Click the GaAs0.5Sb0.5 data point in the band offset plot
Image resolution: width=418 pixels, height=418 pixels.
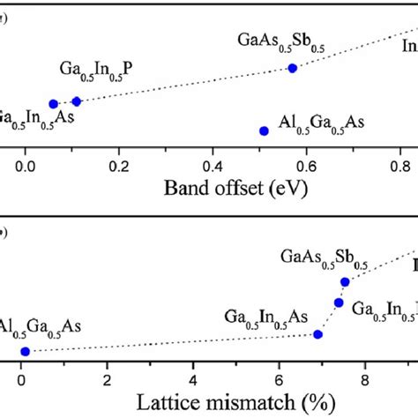pyautogui.click(x=293, y=68)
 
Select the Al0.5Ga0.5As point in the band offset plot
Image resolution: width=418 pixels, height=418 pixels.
pyautogui.click(x=264, y=131)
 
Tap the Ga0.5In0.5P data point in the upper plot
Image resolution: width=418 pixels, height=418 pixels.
pyautogui.click(x=76, y=101)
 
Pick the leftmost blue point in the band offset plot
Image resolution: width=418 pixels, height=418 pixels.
pyautogui.click(x=54, y=103)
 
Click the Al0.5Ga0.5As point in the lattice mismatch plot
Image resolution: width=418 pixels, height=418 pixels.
pyautogui.click(x=25, y=351)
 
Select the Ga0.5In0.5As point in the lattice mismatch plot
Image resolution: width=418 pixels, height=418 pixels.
pyautogui.click(x=319, y=334)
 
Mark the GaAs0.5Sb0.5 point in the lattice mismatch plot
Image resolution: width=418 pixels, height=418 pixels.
pyautogui.click(x=345, y=281)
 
